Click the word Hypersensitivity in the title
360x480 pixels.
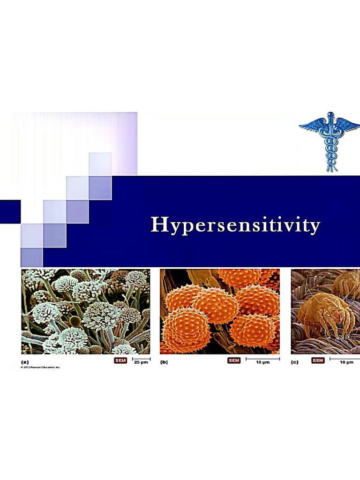point(235,225)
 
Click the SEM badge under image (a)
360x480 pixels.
point(120,360)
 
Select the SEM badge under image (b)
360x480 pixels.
point(234,360)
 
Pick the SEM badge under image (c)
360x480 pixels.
point(318,360)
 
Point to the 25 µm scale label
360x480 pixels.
point(141,363)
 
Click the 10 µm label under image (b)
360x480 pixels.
point(262,363)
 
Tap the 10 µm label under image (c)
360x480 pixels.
point(346,363)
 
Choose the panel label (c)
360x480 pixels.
point(295,362)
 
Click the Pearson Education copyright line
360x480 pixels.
point(41,367)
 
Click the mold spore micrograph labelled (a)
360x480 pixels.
point(85,311)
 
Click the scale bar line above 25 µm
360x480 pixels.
point(141,359)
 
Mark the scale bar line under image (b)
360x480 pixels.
point(262,359)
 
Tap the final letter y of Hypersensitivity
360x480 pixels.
point(314,227)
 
